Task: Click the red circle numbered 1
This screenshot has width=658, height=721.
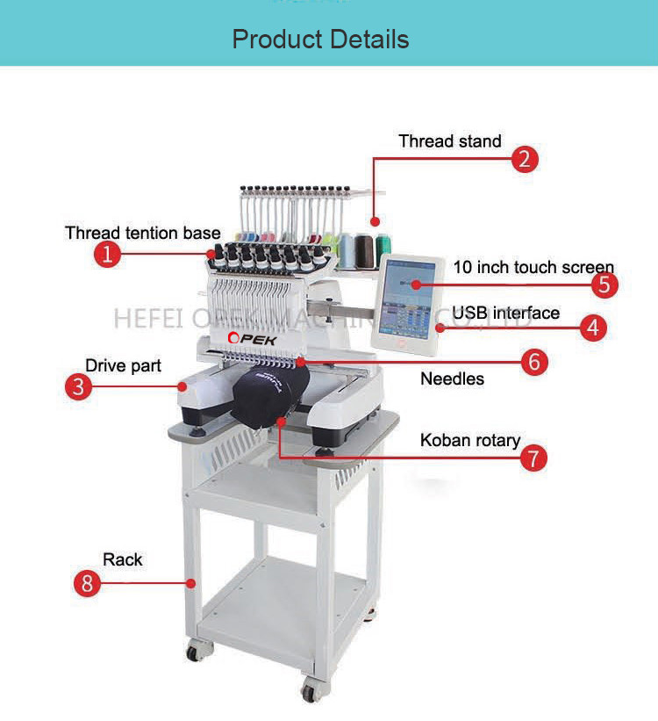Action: [107, 255]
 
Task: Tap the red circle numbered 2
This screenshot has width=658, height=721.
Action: [525, 159]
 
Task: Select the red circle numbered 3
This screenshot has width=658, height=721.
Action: [79, 386]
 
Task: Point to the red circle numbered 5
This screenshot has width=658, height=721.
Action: [604, 284]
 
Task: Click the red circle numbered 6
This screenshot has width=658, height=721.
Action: [534, 361]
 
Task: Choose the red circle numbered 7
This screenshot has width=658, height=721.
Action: [533, 458]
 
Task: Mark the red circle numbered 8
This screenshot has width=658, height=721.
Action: [87, 582]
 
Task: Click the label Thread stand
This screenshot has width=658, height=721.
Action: [450, 141]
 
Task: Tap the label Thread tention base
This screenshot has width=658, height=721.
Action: [143, 233]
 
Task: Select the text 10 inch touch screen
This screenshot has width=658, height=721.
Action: [533, 267]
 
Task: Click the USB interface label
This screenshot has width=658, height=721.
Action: [505, 313]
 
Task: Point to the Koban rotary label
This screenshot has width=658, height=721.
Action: [470, 440]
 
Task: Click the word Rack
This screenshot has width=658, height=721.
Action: [122, 559]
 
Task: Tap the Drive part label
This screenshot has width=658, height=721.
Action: [123, 365]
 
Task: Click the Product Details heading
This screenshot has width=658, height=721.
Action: [320, 40]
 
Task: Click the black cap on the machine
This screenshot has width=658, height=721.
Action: [269, 395]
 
